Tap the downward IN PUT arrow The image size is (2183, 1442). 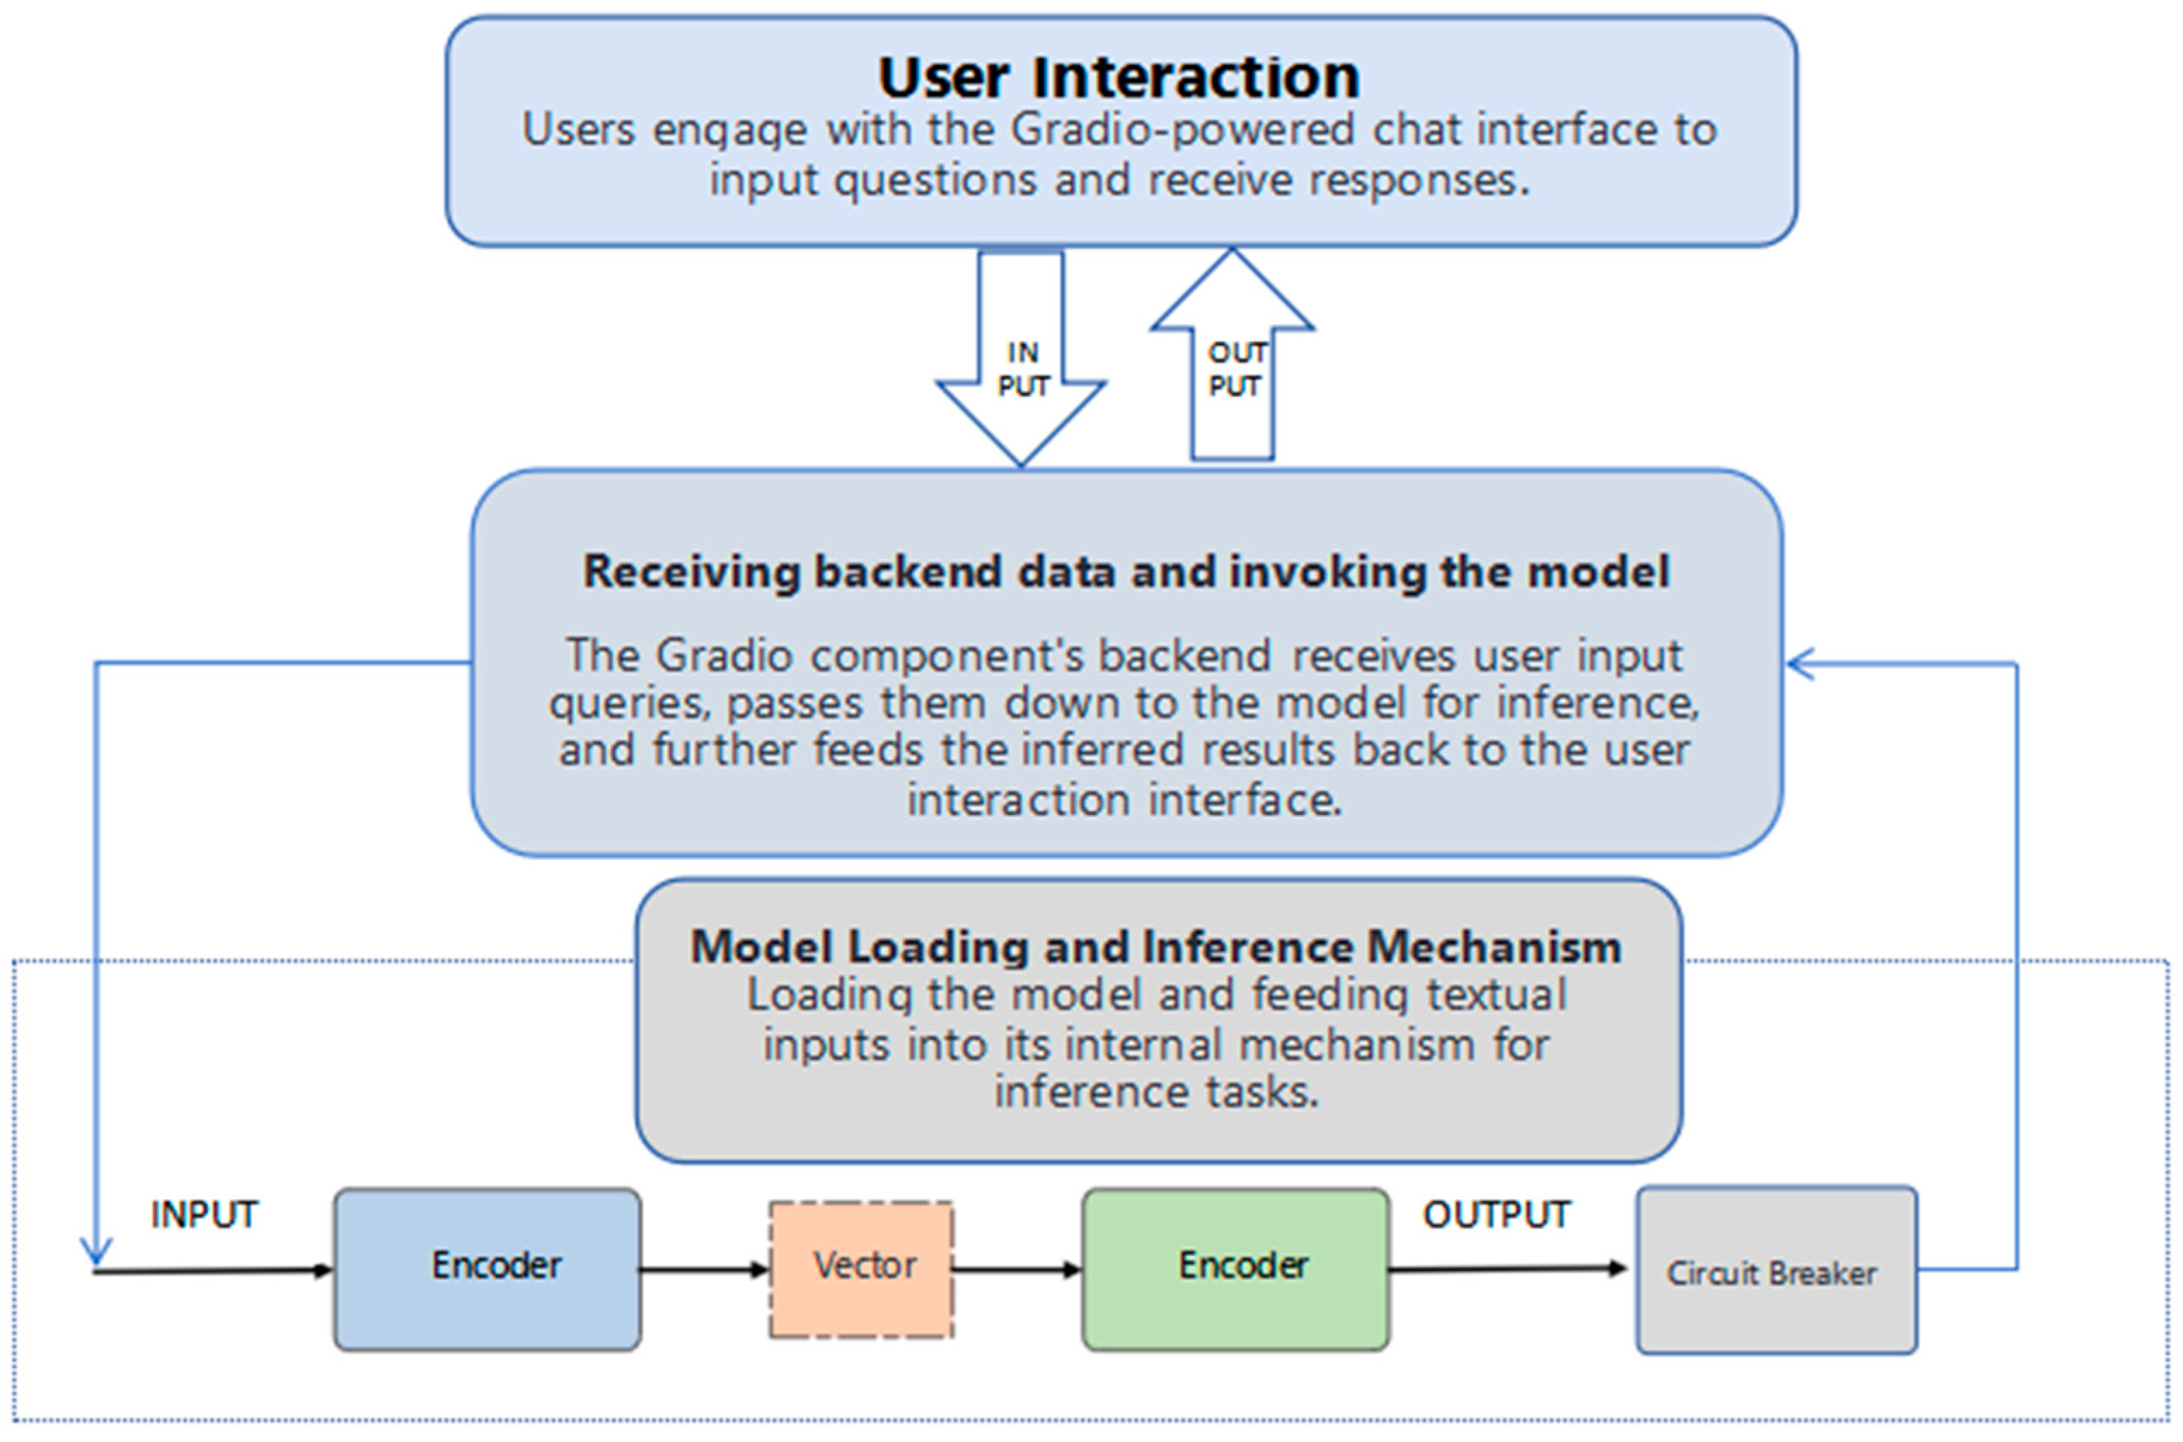click(x=1021, y=358)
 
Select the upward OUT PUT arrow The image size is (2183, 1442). click(x=1232, y=354)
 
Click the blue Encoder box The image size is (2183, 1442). click(x=488, y=1269)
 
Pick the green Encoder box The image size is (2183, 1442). click(x=1236, y=1269)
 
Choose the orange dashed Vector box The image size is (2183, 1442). click(x=861, y=1269)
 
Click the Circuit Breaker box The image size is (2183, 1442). click(x=1777, y=1270)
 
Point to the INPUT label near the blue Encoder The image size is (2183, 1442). click(x=205, y=1215)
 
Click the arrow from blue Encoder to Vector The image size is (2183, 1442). click(x=705, y=1270)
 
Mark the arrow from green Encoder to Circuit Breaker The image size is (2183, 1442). click(x=1508, y=1269)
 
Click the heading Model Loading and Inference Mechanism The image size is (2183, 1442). click(x=1156, y=947)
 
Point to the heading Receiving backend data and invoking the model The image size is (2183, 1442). click(x=1126, y=571)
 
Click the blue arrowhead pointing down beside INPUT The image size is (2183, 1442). click(x=95, y=1252)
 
